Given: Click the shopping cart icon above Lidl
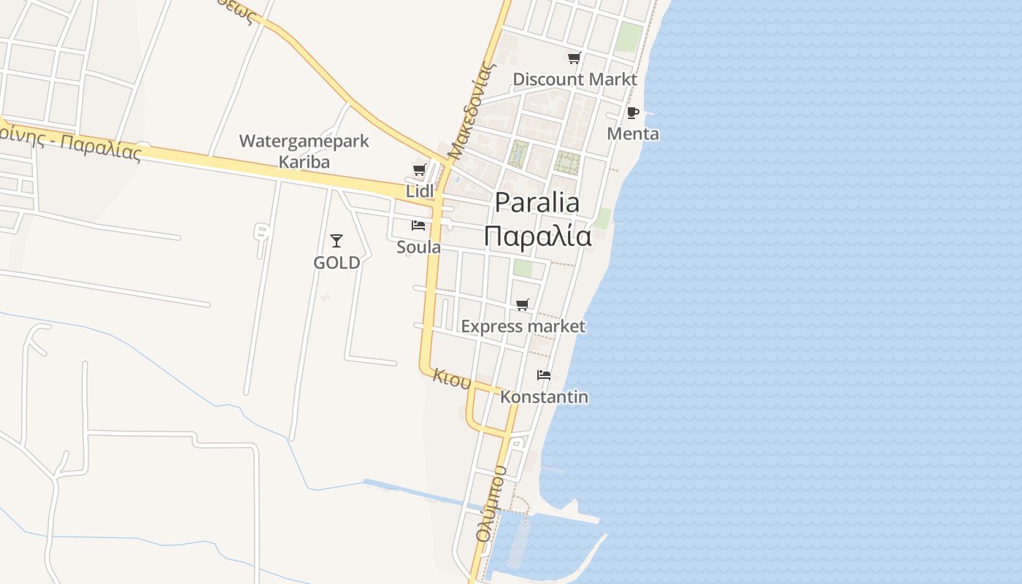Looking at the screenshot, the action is coord(419,170).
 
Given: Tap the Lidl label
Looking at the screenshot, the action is coord(420,191).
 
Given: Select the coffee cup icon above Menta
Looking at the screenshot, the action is coord(633,113).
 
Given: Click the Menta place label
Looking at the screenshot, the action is coord(633,134).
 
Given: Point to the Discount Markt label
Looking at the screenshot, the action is coord(575,79).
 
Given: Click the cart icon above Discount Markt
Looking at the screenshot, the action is coord(575,58).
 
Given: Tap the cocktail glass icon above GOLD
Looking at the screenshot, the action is coord(337,240).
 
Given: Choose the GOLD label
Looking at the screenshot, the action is coord(337,263).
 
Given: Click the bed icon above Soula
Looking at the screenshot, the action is coord(418,226).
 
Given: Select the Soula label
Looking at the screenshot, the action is coord(418,247).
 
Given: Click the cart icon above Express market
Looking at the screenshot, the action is coord(523,305).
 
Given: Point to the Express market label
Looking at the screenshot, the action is coord(523,326).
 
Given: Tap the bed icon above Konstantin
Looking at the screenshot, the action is coord(544,375).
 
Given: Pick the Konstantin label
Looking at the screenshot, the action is coord(544,397).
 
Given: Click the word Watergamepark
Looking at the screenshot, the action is coord(304,141).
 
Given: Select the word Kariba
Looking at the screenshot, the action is coord(304,162).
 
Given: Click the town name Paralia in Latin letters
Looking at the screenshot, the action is coord(537,203).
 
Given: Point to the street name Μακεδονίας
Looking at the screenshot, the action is coord(472,111).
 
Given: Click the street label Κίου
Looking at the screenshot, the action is coord(453,378).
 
